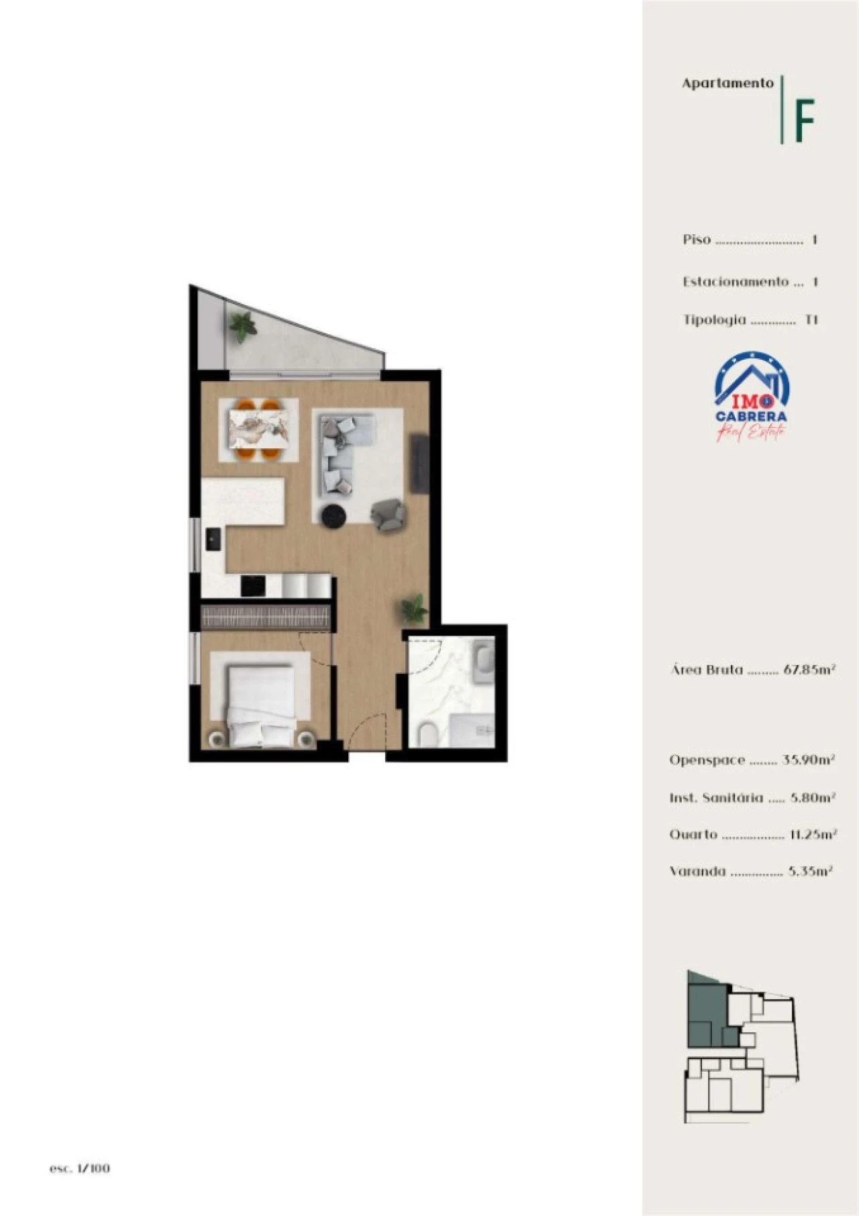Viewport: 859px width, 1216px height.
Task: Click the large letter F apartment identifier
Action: pos(804,120)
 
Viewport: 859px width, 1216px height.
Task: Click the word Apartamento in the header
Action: pos(727,83)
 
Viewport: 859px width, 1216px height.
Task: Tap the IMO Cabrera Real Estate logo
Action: pos(752,397)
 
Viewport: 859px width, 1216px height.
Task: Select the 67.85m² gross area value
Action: pos(809,669)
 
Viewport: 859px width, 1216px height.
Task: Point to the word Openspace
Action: pos(707,760)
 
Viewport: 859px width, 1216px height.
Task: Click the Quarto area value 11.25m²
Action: pos(813,834)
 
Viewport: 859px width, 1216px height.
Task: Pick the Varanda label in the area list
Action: pos(697,871)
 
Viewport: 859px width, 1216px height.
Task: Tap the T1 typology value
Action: pos(811,319)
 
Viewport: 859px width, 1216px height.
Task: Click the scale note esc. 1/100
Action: pos(79,1168)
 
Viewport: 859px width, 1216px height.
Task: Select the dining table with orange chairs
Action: pos(259,429)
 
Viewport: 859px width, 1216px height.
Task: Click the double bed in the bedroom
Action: pos(261,705)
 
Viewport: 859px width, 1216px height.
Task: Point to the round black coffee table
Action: pos(334,516)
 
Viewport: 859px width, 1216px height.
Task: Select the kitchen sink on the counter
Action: pos(213,539)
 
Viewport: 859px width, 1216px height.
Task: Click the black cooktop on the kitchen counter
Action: pos(253,586)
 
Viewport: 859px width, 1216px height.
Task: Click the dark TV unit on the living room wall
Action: pos(419,463)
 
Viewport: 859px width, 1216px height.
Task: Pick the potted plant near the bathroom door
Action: pos(413,609)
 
